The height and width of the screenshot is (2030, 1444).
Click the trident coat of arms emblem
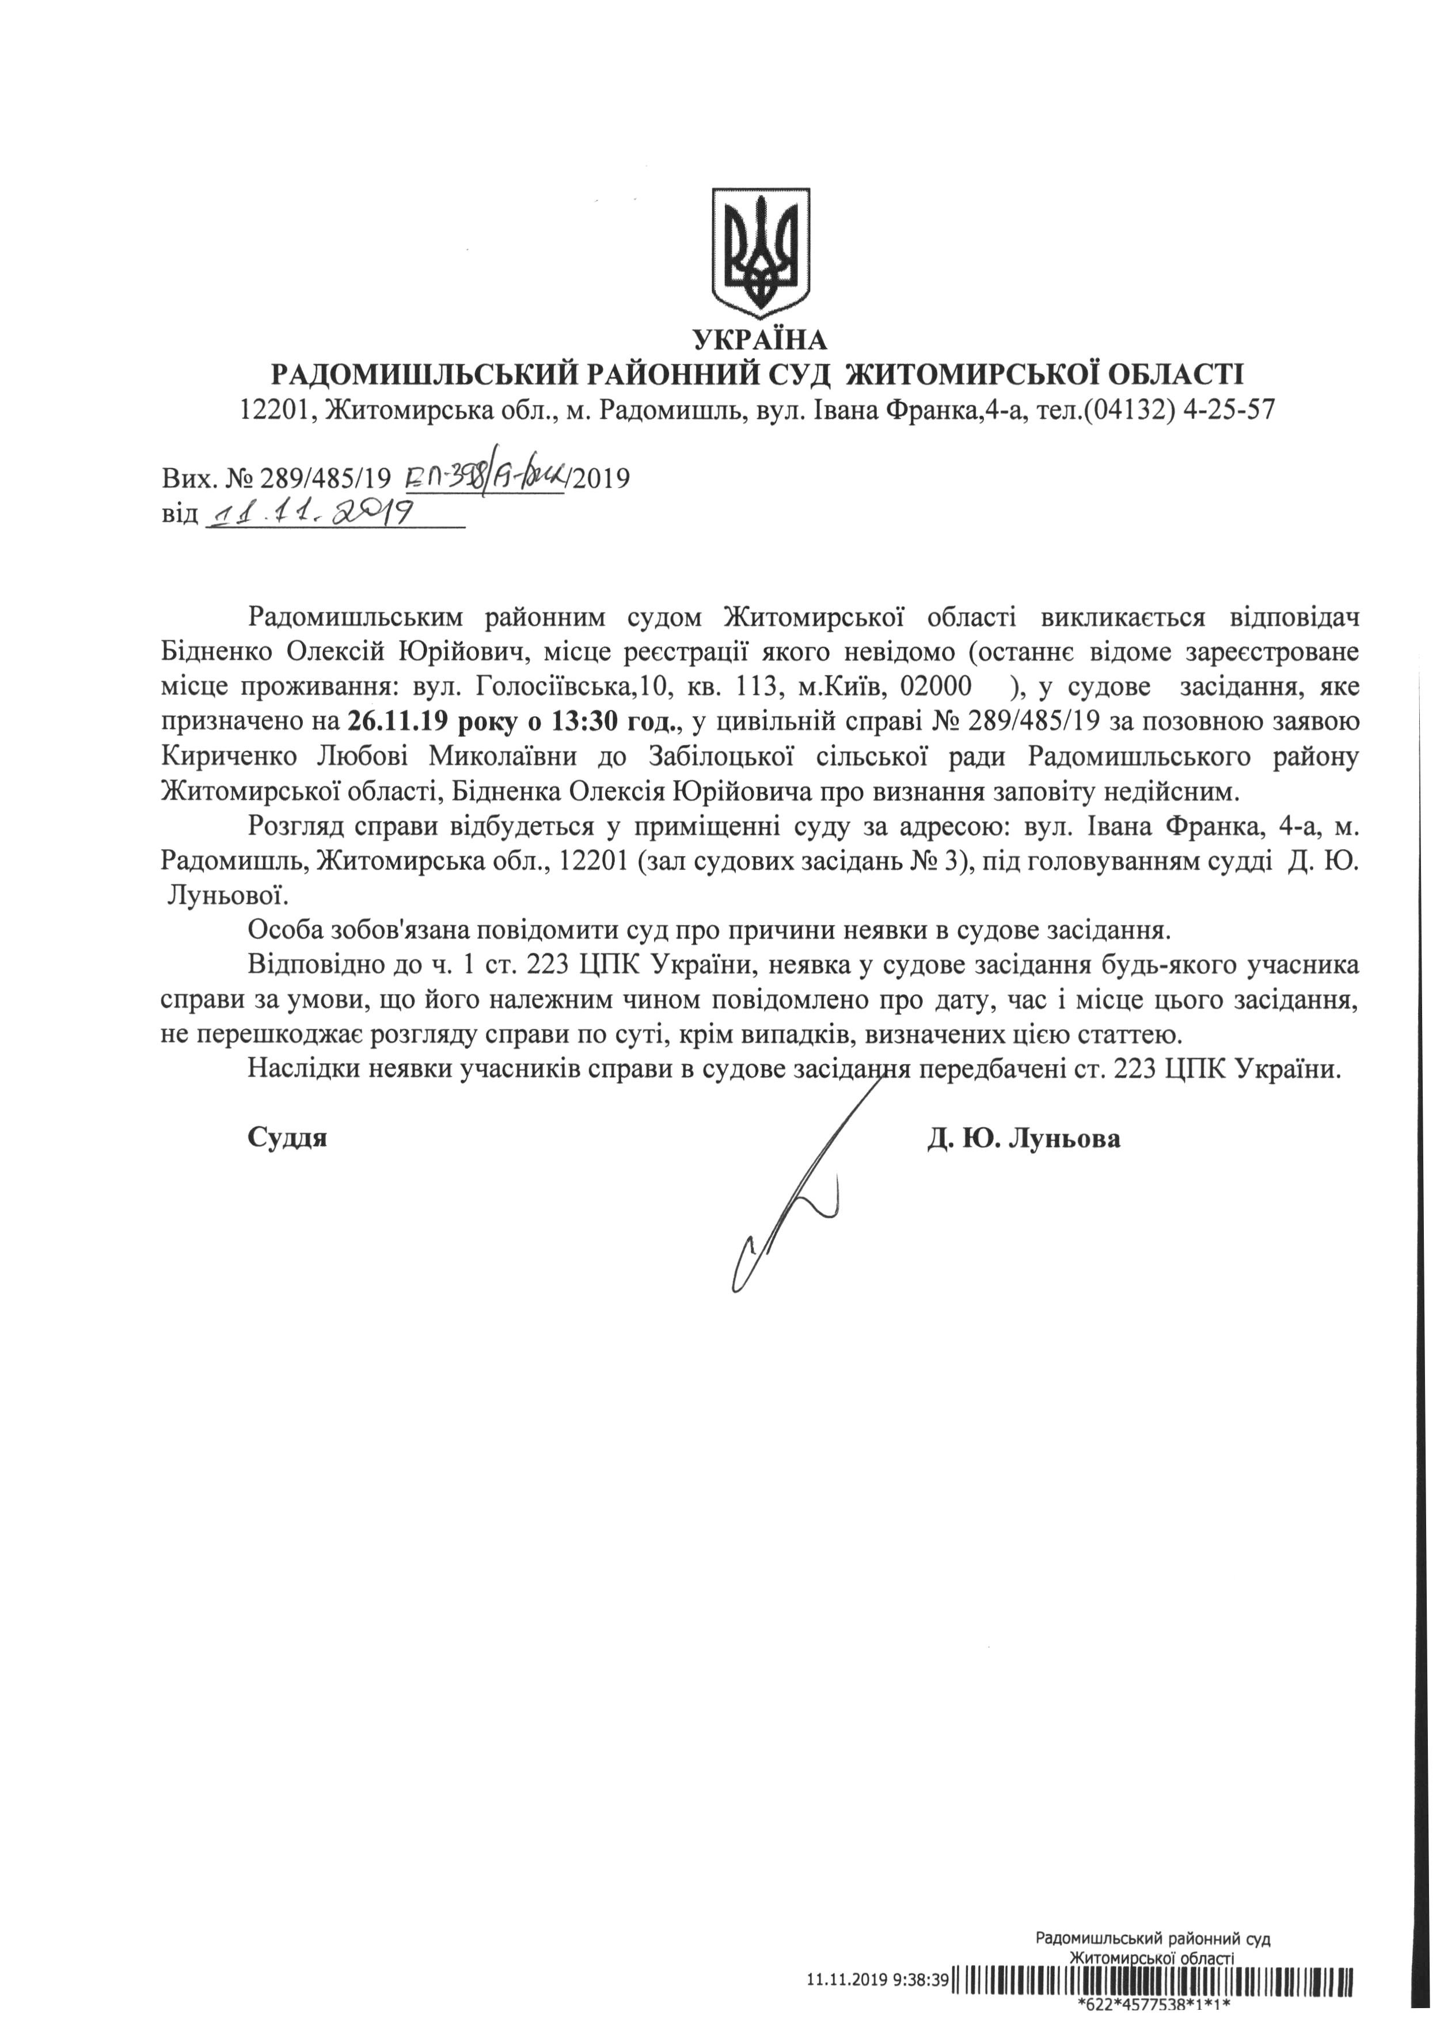coord(760,253)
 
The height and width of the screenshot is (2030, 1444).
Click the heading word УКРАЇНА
coord(759,340)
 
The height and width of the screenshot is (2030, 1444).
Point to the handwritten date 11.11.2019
coord(311,513)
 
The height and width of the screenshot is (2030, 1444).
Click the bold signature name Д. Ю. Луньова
coord(1024,1139)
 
